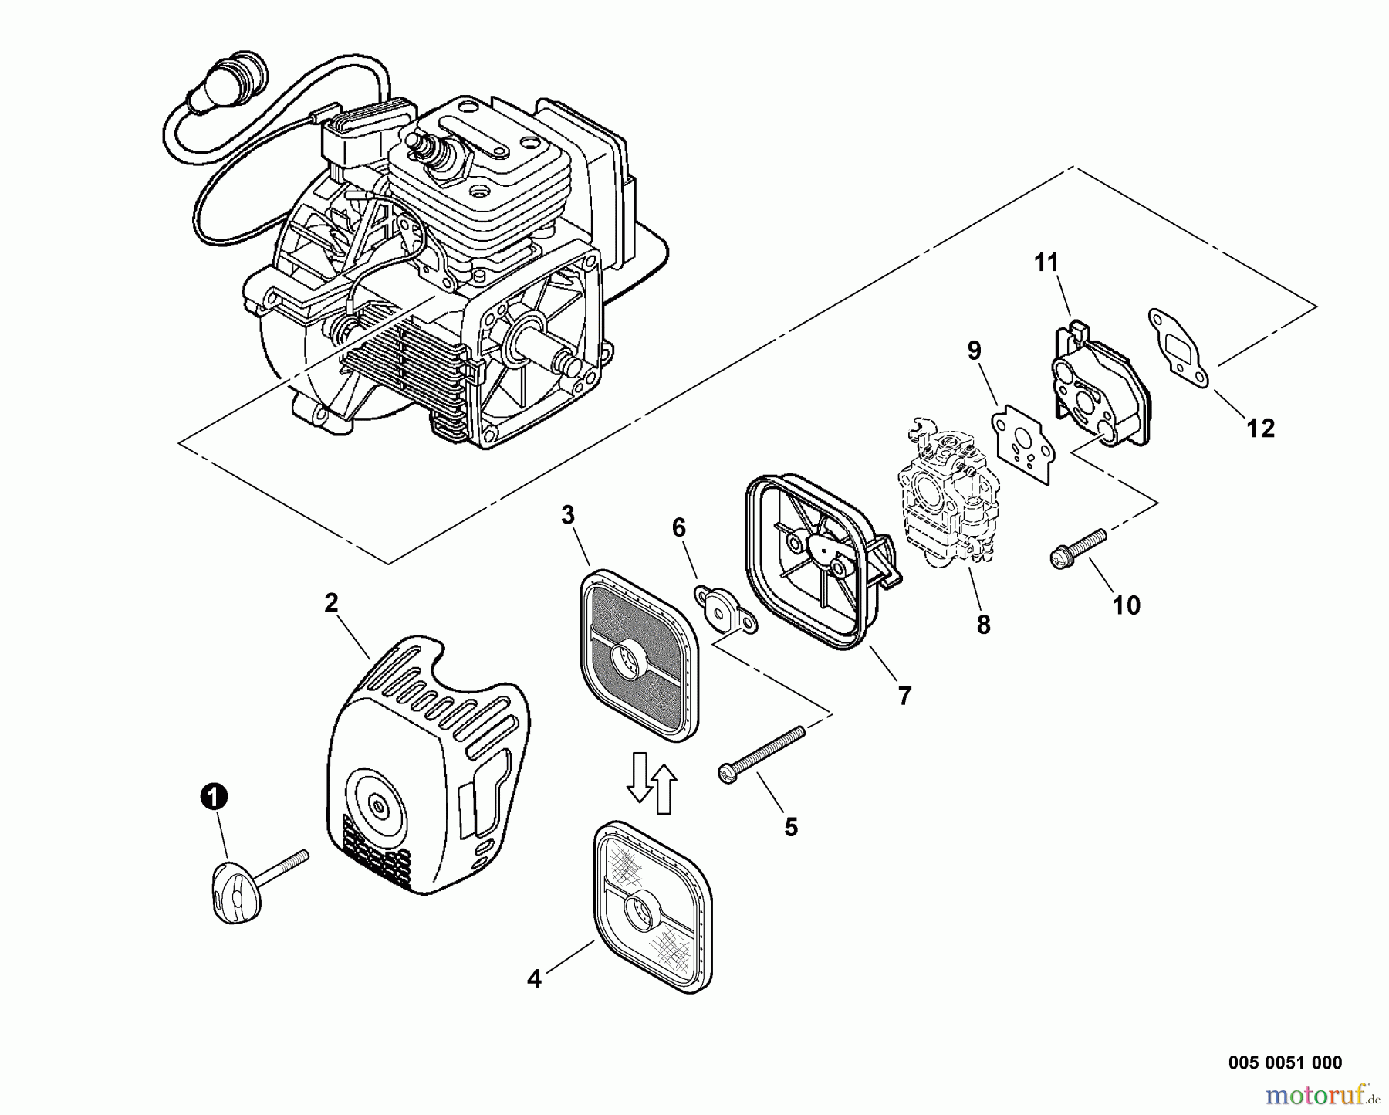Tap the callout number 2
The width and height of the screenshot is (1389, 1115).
[x=331, y=603]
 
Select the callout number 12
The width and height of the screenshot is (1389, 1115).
[x=1261, y=428]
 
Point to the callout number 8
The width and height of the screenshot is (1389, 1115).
[x=983, y=624]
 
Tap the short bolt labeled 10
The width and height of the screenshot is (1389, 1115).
[x=1078, y=549]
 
